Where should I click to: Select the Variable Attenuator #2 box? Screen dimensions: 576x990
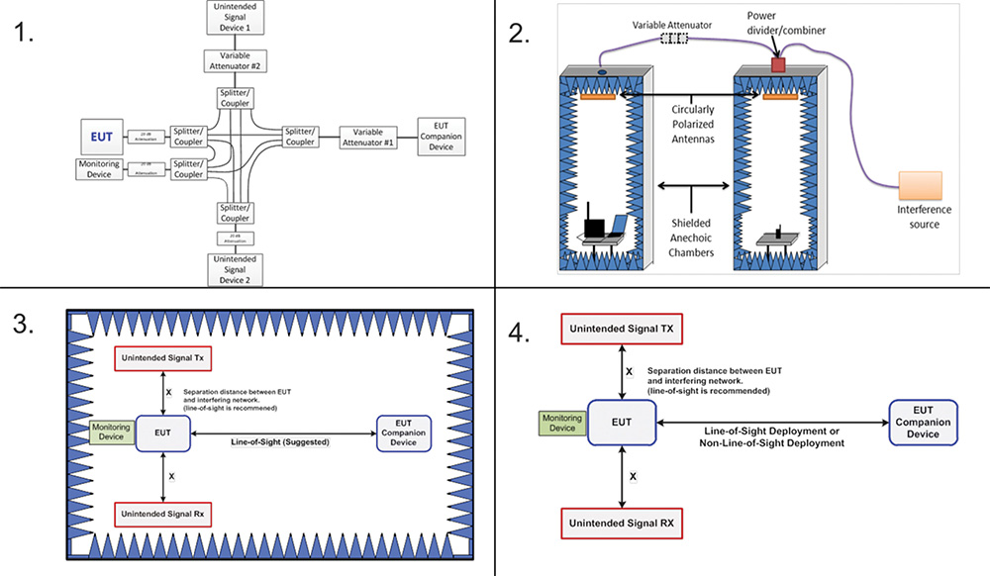(234, 61)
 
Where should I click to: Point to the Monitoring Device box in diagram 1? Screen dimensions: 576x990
(101, 169)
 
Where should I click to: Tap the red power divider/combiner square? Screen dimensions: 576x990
(778, 64)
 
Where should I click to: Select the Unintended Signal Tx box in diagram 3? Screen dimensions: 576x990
(162, 356)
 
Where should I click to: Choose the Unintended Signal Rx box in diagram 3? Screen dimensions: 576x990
(162, 514)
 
